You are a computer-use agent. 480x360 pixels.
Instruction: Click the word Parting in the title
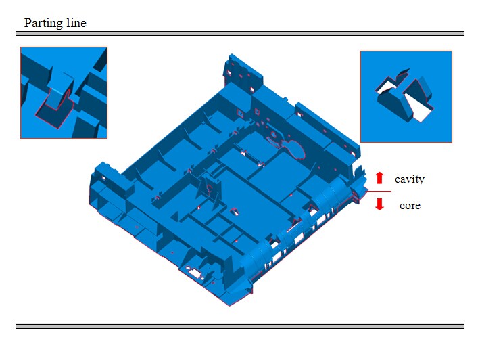44,23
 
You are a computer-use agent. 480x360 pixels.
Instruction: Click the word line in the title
76,23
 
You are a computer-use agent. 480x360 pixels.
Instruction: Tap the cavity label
409,179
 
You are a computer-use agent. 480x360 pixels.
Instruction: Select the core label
410,205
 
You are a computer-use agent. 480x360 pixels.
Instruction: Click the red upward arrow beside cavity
379,178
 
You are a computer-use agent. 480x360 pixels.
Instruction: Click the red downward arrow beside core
379,204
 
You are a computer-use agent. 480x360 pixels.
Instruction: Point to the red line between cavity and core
379,192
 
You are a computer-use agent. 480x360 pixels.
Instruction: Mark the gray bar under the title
240,33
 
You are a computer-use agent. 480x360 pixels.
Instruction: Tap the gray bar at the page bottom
240,327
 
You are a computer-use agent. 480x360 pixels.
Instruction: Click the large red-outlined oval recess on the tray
295,149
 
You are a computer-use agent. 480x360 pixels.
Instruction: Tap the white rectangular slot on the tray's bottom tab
193,271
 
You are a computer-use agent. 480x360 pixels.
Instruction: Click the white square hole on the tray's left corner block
103,178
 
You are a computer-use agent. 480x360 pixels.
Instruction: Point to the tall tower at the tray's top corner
243,74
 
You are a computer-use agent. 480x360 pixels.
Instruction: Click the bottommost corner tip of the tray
229,305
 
